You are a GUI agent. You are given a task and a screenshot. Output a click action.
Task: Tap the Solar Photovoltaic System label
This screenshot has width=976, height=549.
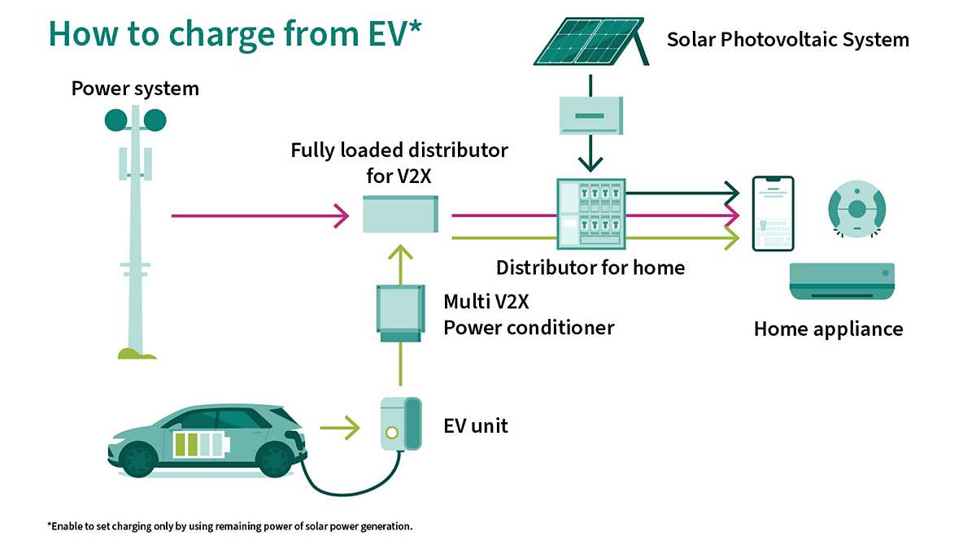tap(787, 39)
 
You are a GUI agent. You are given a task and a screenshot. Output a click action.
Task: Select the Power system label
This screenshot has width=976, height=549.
tap(135, 88)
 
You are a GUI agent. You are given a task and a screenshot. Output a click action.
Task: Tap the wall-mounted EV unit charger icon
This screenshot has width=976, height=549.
tap(401, 423)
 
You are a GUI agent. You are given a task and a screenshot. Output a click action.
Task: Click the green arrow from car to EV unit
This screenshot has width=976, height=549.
tap(339, 426)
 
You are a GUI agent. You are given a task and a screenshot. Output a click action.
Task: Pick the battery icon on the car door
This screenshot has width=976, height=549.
tap(198, 444)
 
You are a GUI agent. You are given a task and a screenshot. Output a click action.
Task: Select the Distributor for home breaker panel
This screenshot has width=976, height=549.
tap(591, 214)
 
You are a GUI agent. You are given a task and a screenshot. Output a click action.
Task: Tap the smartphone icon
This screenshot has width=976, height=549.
tap(773, 213)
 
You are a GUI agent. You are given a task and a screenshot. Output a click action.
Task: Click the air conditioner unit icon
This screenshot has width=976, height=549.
tap(842, 281)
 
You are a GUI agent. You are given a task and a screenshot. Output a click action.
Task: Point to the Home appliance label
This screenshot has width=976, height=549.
tap(828, 329)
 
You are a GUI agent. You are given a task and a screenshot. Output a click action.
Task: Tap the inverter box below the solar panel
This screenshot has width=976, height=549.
tap(591, 115)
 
